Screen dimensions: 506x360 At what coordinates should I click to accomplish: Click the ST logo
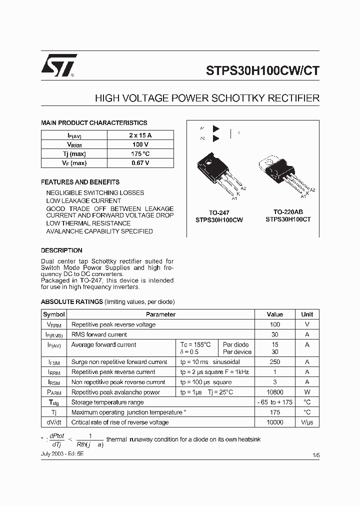click(x=59, y=64)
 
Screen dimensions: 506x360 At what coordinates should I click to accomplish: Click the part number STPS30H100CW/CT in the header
click(x=262, y=70)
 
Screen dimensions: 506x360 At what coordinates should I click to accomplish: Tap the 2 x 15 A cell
click(x=140, y=135)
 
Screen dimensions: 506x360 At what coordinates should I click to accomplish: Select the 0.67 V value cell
click(x=140, y=163)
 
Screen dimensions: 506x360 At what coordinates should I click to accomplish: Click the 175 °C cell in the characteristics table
click(x=140, y=154)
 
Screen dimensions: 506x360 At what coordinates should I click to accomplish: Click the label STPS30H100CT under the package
click(x=288, y=219)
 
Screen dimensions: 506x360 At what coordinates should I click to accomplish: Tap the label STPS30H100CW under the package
click(x=219, y=219)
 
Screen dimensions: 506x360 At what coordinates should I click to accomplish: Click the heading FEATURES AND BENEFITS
click(x=80, y=182)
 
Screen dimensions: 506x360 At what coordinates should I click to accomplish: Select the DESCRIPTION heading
click(x=61, y=250)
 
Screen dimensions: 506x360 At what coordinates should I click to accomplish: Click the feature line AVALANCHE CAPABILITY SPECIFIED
click(x=99, y=231)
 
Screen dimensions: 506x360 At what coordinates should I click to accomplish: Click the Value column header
click(x=275, y=314)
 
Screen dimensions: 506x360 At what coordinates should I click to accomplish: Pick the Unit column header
click(x=307, y=314)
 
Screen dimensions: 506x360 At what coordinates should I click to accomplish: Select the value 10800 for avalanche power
click(x=275, y=392)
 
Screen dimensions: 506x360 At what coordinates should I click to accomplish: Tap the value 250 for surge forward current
click(x=275, y=362)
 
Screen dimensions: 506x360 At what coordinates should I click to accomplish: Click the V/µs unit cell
click(x=307, y=422)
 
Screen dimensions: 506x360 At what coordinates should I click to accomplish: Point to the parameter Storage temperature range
click(x=107, y=402)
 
